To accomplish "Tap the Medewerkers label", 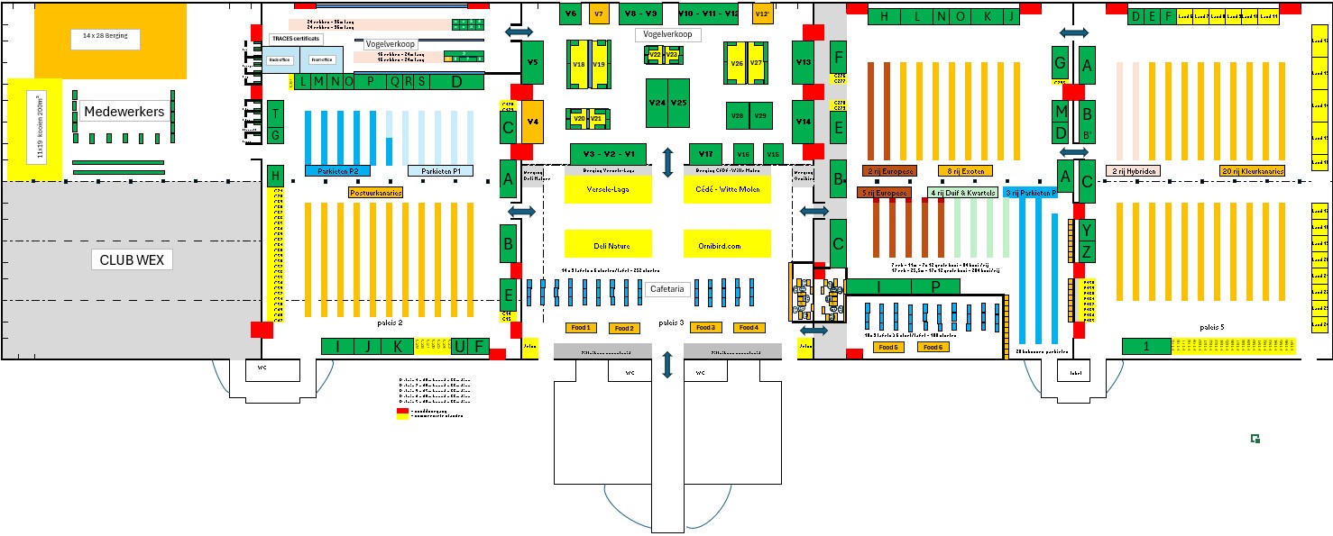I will (124, 112).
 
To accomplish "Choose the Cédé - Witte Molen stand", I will (727, 189).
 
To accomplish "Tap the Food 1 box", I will (581, 327).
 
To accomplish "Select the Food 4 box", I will (749, 327).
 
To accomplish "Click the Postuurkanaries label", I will (375, 192).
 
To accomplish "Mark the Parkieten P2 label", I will (337, 170).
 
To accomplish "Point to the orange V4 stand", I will (533, 121).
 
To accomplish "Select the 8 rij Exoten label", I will (964, 170).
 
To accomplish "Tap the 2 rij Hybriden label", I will (1135, 170).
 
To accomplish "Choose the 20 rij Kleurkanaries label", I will (1253, 170).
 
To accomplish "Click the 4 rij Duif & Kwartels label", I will (961, 193).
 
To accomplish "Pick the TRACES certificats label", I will (295, 40).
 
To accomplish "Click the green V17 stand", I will (705, 154).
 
